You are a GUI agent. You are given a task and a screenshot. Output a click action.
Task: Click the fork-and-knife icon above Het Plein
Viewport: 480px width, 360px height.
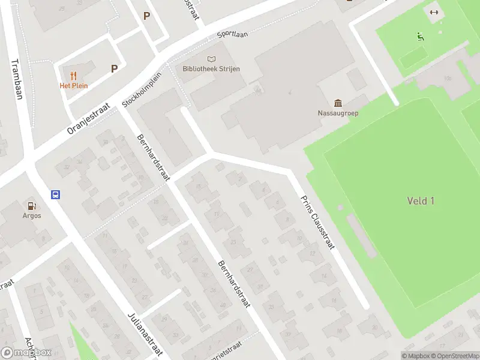point(73,76)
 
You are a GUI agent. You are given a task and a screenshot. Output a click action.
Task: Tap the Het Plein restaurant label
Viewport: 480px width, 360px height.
point(73,86)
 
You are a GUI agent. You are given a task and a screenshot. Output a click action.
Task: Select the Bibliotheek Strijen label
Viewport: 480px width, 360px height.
point(211,69)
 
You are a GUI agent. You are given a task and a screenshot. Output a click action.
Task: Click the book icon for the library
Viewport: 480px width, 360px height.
point(211,59)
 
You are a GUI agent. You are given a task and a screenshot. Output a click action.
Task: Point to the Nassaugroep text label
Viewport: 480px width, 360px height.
point(338,113)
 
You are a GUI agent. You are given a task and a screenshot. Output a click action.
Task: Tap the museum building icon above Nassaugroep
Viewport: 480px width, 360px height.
point(338,103)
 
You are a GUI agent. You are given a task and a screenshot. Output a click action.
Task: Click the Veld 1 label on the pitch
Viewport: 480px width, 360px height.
point(421,201)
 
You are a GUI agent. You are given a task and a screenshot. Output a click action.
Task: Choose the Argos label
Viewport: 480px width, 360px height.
point(32,216)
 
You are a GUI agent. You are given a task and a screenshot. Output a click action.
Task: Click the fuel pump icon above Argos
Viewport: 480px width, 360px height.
point(32,206)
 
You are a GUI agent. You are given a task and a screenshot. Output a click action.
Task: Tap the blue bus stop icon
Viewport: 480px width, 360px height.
point(55,194)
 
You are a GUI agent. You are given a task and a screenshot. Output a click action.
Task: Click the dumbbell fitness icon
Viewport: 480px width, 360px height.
point(434,12)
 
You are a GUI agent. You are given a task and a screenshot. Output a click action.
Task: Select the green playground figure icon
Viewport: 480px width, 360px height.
point(421,37)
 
